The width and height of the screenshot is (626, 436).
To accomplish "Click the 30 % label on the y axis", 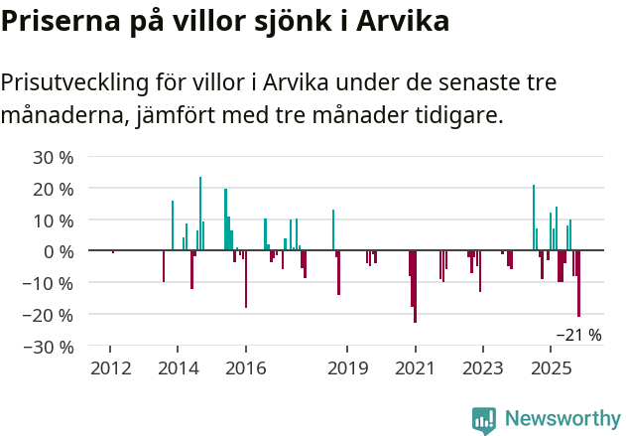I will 54,157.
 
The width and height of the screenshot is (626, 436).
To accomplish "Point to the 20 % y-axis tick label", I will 54,189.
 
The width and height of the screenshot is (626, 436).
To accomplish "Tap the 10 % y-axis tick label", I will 54,219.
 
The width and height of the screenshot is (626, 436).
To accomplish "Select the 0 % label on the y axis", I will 59,251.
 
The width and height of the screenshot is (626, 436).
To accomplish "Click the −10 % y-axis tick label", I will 49,283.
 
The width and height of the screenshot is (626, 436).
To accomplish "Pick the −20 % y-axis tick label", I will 49,315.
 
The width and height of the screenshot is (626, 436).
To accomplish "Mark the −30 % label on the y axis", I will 49,347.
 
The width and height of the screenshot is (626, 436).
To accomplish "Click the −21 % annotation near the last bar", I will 578,335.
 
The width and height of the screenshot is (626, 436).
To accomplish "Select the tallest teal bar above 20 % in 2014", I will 200,214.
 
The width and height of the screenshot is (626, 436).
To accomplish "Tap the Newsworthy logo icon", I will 484,420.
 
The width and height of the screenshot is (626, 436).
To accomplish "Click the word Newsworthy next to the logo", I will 563,420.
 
